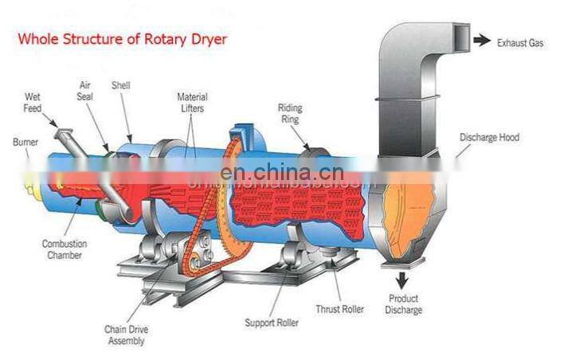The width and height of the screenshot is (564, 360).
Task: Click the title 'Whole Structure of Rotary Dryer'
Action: click(x=123, y=37)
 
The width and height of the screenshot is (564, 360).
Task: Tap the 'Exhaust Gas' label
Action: click(x=520, y=43)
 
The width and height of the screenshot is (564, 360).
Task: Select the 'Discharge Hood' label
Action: click(x=489, y=138)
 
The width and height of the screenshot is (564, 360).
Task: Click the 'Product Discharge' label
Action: click(x=405, y=304)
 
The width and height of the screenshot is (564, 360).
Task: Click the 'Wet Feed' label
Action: click(x=33, y=101)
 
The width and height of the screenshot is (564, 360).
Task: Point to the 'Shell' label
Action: click(x=121, y=85)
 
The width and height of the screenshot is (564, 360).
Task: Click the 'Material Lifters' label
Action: click(x=192, y=102)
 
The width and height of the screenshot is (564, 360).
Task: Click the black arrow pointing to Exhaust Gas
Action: click(x=480, y=40)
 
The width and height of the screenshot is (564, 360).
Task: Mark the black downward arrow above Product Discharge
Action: click(x=397, y=278)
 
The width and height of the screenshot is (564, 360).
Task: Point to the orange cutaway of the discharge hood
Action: click(x=409, y=211)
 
